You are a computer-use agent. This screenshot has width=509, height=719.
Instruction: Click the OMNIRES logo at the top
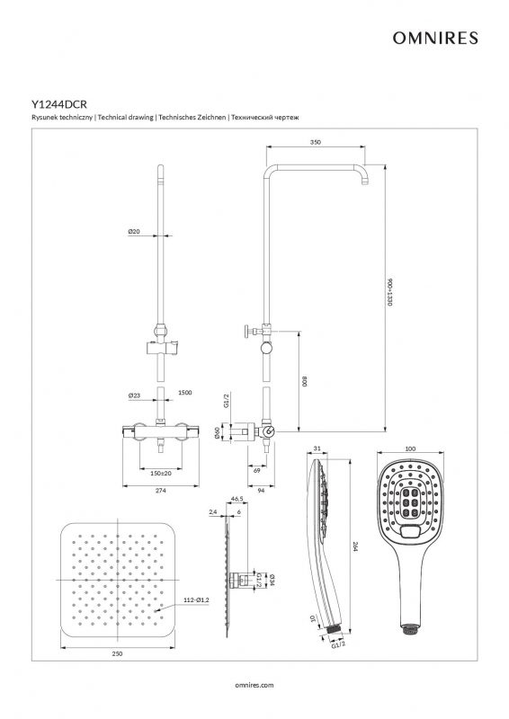tap(435, 38)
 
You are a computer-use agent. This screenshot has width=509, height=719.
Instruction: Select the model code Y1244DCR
tap(59, 104)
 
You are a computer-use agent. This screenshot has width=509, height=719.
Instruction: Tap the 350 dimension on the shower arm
tap(316, 142)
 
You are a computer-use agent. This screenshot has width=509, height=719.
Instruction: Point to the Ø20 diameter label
tap(134, 232)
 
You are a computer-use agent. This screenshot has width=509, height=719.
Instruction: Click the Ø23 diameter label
tap(134, 395)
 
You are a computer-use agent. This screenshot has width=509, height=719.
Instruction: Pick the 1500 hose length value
tap(185, 393)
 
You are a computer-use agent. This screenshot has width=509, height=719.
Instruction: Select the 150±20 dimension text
tap(161, 473)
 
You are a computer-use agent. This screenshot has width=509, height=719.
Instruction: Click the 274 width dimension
tap(160, 491)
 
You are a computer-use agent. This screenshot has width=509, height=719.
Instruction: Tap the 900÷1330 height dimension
tap(389, 291)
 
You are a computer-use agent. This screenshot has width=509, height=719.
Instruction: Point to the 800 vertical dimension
tap(304, 381)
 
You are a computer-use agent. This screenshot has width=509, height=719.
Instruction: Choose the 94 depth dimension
tap(261, 491)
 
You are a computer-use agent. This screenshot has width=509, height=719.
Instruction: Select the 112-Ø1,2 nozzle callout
tap(196, 599)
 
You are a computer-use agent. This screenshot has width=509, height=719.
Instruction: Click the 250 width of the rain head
tap(117, 653)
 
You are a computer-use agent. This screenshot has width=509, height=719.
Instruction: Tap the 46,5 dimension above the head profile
tap(237, 498)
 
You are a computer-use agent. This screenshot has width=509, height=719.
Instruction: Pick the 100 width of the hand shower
tap(411, 448)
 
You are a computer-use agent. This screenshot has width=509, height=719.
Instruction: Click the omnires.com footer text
tap(254, 685)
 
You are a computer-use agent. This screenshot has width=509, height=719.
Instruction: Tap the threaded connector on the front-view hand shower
tap(408, 628)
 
